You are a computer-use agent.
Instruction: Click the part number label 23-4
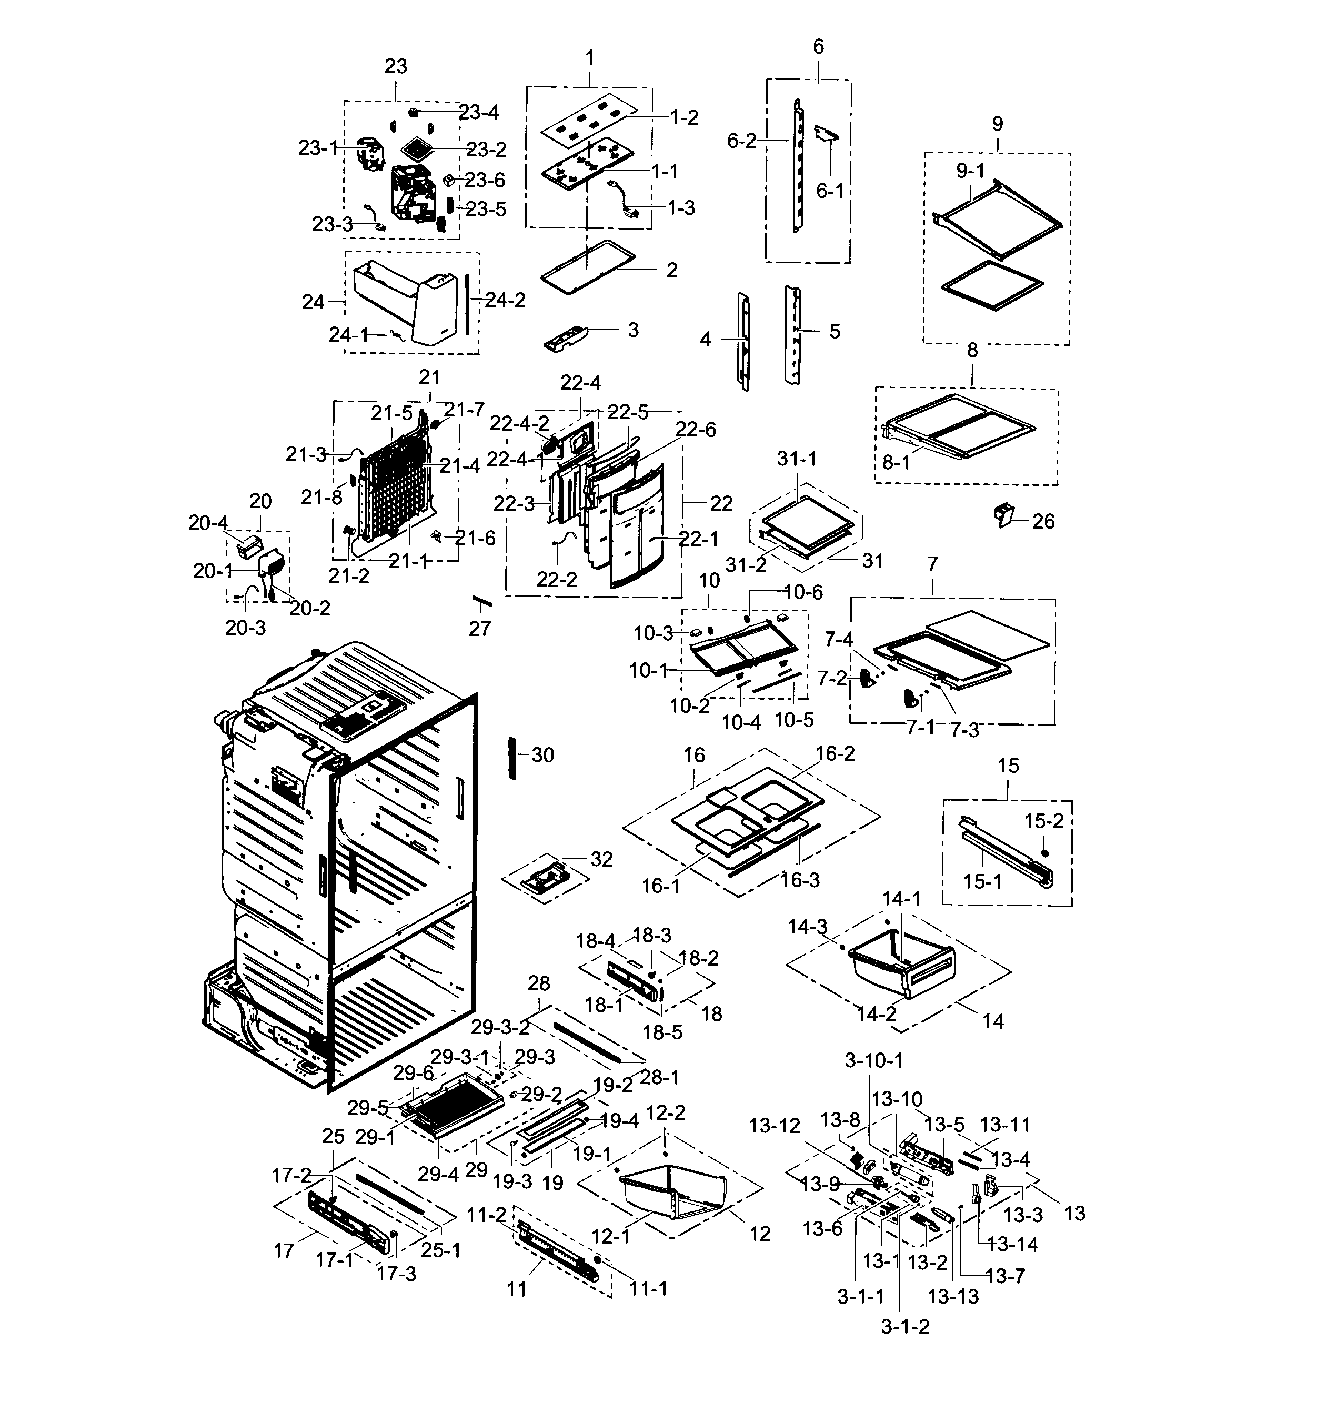coord(478,113)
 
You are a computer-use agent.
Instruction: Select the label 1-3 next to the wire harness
coord(681,207)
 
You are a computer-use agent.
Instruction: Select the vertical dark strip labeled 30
coord(511,759)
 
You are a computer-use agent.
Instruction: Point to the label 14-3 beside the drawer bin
coord(808,927)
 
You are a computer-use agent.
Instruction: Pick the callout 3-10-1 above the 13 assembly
coord(874,1061)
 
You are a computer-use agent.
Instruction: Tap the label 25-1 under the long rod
coord(440,1250)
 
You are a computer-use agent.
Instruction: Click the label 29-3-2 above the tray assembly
coord(500,1027)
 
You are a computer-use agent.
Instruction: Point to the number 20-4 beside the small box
coord(208,523)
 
